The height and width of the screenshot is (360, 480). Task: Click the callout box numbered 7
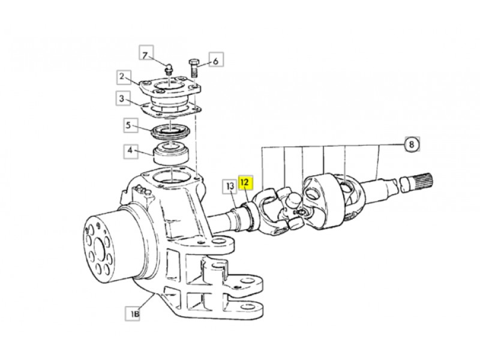146,56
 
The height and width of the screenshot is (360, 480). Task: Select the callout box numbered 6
216,60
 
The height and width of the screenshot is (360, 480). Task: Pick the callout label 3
123,98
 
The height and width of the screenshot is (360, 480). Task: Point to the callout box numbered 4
131,151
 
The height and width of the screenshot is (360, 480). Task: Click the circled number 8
412,144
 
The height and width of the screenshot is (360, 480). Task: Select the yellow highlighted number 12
246,183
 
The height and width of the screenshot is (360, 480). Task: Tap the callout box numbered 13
230,186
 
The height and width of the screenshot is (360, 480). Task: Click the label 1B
133,313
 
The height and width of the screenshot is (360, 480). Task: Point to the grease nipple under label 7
168,70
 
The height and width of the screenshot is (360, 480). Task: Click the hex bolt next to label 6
194,67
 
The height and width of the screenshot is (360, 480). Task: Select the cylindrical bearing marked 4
172,153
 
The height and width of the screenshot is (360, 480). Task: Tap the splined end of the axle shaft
419,183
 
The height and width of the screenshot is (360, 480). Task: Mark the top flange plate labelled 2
170,86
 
